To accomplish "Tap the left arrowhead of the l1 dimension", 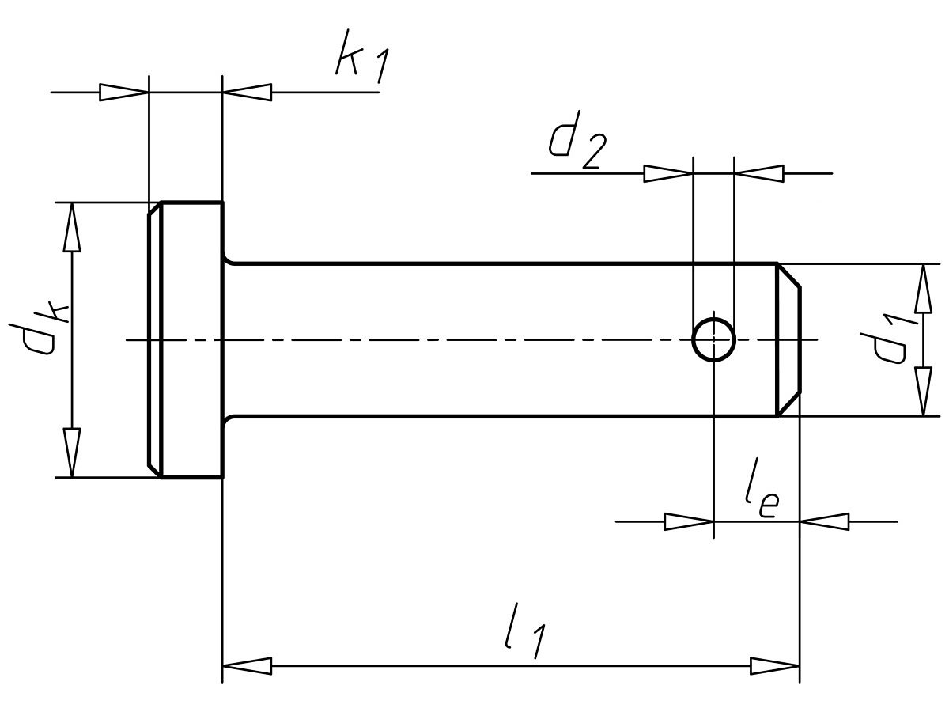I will point(247,665).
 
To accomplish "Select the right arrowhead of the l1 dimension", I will point(775,665).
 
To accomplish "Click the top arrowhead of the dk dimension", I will point(72,227).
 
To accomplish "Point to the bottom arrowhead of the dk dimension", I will point(72,453).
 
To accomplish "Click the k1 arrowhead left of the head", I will point(124,93).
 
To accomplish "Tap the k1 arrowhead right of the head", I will point(247,93).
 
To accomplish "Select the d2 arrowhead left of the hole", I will point(668,173).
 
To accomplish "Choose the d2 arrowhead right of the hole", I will point(759,173).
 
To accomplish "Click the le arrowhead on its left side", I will point(689,522).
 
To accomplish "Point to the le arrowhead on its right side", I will point(825,522).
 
